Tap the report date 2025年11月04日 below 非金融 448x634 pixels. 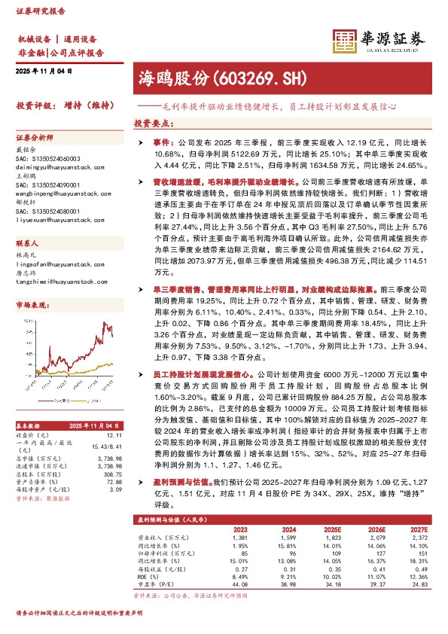coord(43,72)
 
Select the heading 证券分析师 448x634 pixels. coord(35,138)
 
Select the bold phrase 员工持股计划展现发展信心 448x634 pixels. coord(194,374)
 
